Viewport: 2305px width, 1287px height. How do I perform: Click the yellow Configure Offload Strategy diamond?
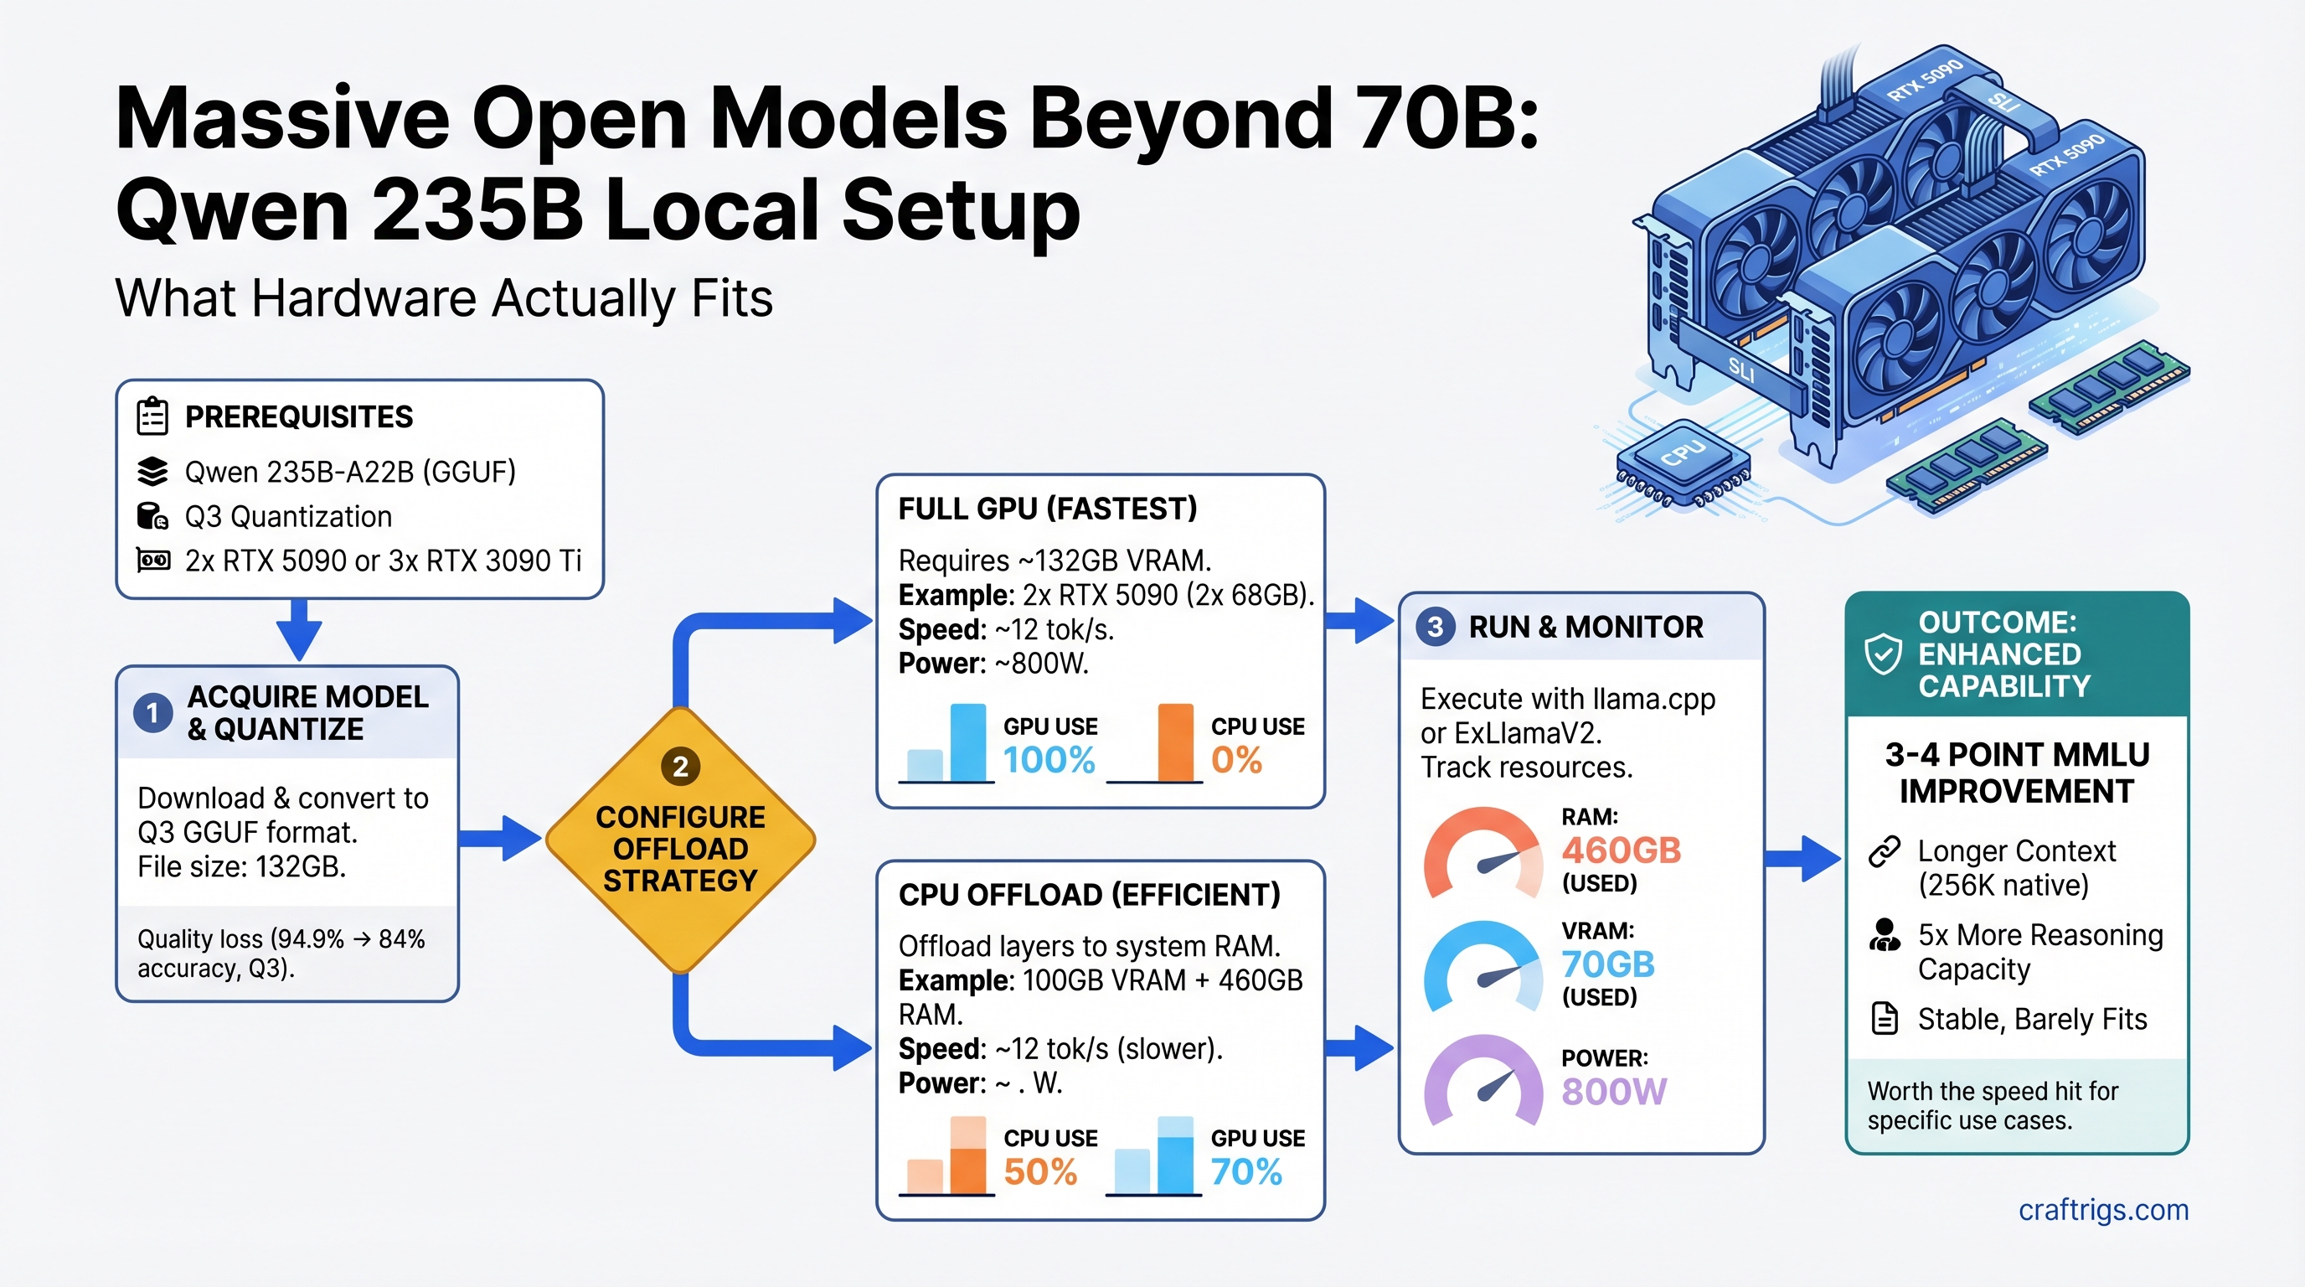[680, 841]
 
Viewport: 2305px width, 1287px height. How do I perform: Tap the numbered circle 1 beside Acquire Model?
[153, 713]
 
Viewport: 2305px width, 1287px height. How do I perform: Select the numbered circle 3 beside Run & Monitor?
[1436, 627]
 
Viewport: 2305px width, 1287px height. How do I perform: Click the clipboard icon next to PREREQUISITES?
[153, 417]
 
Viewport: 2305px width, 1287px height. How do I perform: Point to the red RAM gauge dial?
[1483, 855]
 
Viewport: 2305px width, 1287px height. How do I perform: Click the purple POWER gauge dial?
[1483, 1081]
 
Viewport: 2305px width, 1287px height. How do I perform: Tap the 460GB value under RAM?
[1622, 850]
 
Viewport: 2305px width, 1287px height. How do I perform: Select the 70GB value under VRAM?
[1608, 964]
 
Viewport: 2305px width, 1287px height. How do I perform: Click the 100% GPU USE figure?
[1049, 761]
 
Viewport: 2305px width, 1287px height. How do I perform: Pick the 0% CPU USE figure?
[1236, 761]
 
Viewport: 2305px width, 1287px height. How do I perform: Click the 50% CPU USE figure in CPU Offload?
[1039, 1172]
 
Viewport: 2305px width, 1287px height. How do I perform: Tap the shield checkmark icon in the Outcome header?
[1883, 654]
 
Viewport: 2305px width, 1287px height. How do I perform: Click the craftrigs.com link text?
[2103, 1210]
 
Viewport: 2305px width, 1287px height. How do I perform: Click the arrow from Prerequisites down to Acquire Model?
[299, 630]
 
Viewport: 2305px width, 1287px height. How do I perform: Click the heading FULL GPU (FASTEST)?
[1047, 509]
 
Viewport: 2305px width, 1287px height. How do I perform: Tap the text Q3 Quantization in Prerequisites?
[288, 517]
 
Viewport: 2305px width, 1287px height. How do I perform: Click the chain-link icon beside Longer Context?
[1885, 851]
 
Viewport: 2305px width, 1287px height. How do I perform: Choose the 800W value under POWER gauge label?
[1613, 1092]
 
